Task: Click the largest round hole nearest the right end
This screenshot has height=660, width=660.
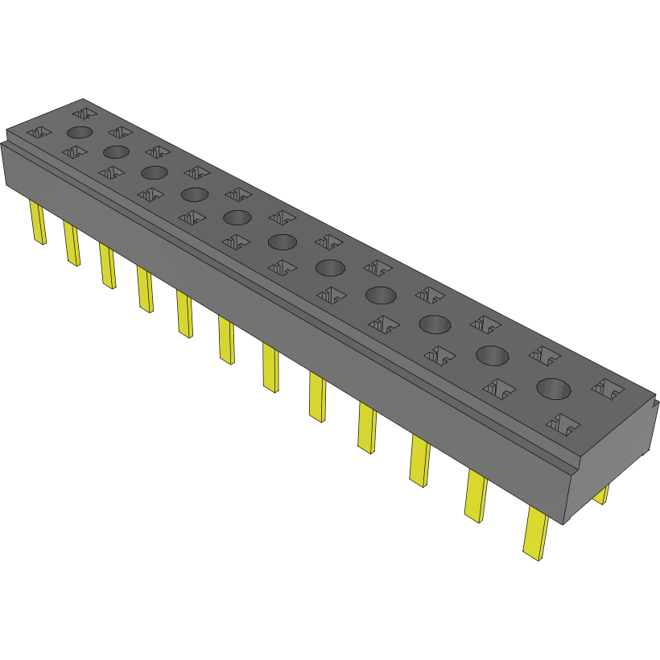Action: point(554,388)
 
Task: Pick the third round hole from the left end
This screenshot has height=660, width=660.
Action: point(153,172)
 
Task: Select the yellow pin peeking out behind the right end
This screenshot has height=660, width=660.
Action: point(601,493)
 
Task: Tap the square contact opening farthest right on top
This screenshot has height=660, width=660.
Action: point(608,390)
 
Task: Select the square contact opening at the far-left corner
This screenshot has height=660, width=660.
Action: point(38,132)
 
